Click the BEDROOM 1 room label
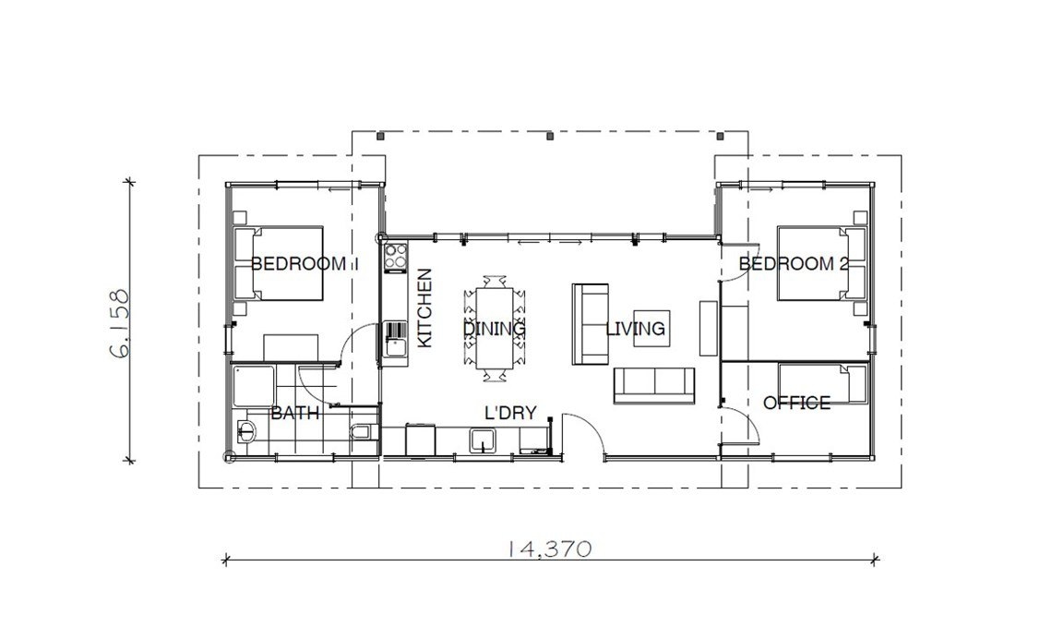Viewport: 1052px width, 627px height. tap(303, 263)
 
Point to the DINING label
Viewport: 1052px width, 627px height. tap(494, 329)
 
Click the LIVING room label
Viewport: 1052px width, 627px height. tap(636, 329)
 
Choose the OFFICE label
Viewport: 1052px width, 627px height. tap(796, 403)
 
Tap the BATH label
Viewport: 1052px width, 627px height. tap(294, 414)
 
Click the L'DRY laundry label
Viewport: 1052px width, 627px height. tap(509, 414)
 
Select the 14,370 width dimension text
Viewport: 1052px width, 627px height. tap(549, 548)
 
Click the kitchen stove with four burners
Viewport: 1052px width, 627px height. tap(396, 256)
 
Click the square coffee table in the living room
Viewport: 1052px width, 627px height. tap(650, 329)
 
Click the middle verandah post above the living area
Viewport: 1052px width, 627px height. tap(550, 137)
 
